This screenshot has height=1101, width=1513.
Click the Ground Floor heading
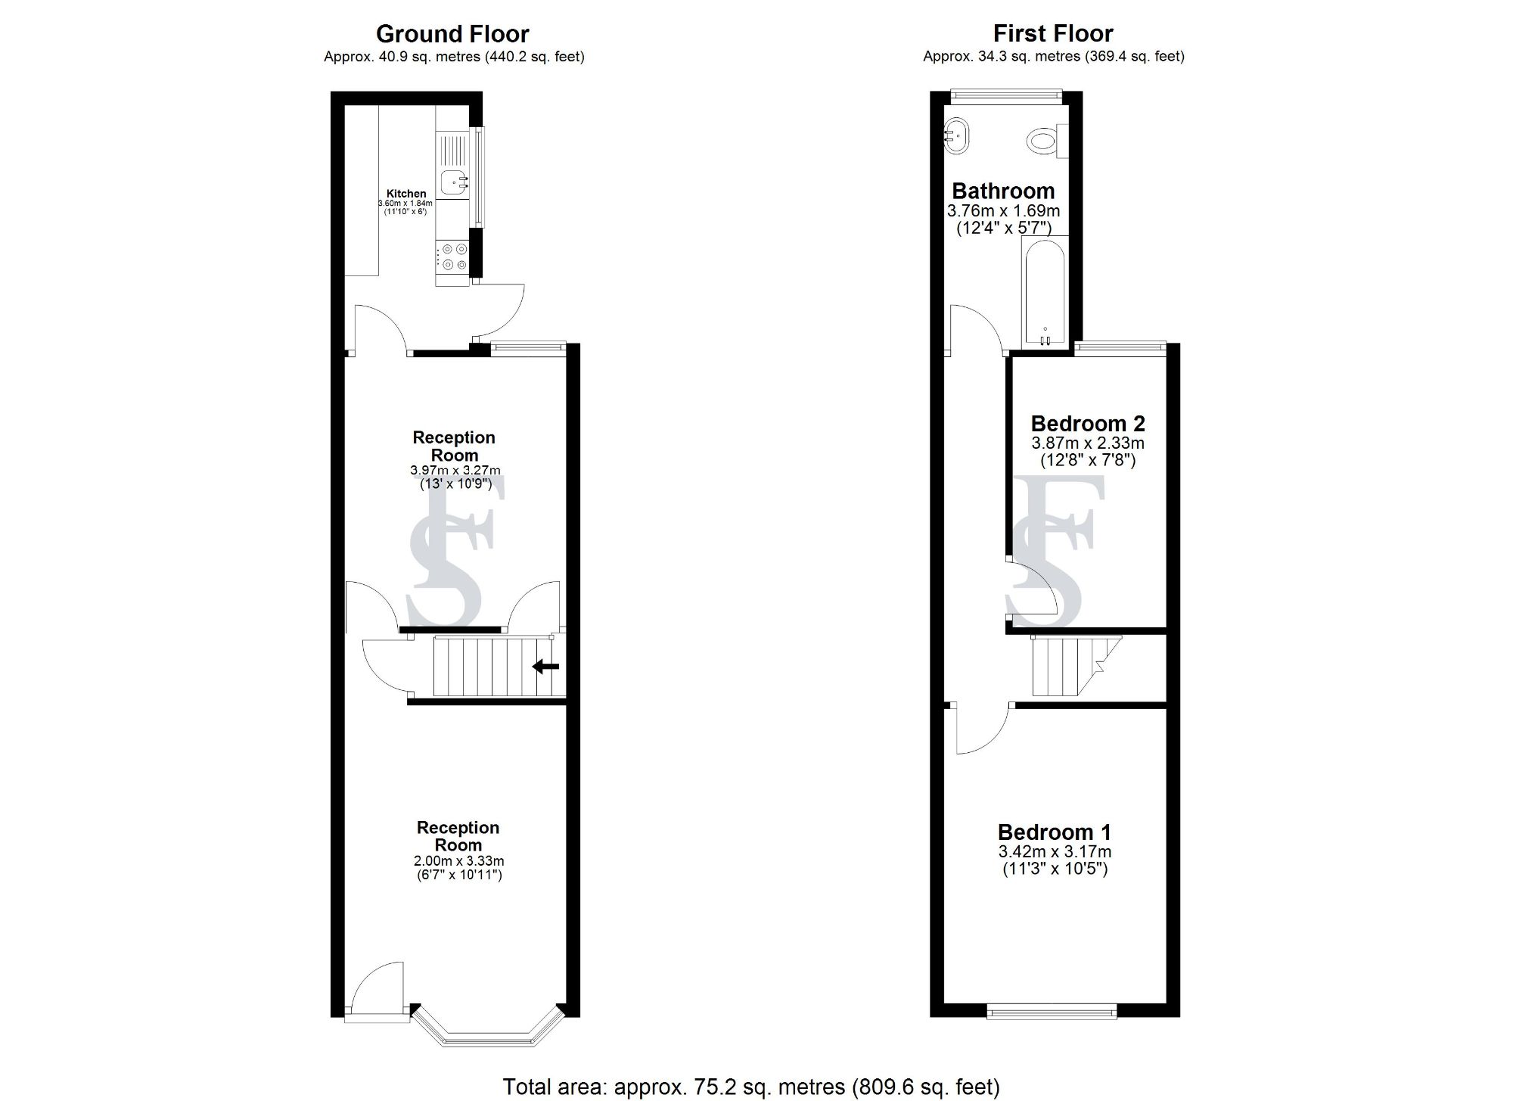click(x=452, y=34)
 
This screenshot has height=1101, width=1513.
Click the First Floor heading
click(x=1053, y=34)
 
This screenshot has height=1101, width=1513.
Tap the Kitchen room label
click(x=406, y=194)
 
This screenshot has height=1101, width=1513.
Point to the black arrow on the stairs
click(x=545, y=667)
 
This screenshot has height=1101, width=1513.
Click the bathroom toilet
click(x=1043, y=141)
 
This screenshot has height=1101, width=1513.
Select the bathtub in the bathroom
click(x=1044, y=291)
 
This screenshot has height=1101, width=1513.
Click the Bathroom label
click(x=1003, y=191)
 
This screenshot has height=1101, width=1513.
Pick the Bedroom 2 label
click(x=1088, y=424)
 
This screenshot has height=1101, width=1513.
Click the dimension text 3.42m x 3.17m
click(x=1055, y=852)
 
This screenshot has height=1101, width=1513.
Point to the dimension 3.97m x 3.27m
click(x=455, y=471)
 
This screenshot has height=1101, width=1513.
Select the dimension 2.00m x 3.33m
click(x=458, y=861)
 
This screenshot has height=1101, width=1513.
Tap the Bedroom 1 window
click(x=1052, y=1011)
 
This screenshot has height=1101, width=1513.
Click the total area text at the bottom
click(x=751, y=1087)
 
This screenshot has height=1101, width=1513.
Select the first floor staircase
click(x=1067, y=666)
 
